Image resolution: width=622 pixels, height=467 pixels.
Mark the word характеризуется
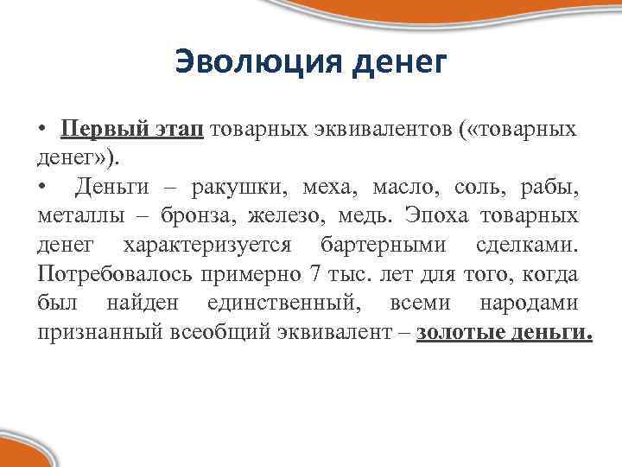click(206, 245)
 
